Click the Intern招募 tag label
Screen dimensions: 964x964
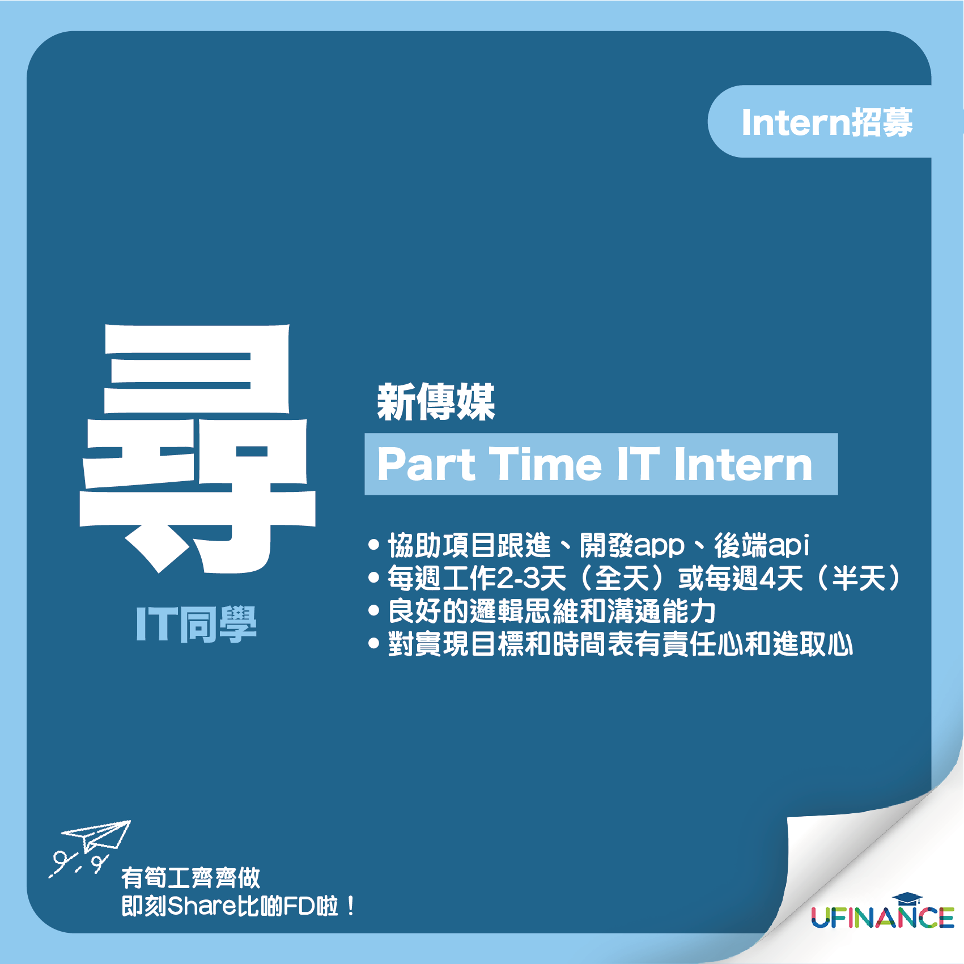pos(827,122)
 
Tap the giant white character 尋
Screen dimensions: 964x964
pos(197,448)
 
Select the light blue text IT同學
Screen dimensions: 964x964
pos(196,624)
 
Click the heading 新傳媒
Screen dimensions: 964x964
pos(436,402)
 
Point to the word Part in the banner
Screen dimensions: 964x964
pos(426,464)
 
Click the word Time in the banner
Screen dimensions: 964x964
pos(545,464)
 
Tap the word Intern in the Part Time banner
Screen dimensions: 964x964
pos(743,464)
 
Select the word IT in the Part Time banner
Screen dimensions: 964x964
pos(638,464)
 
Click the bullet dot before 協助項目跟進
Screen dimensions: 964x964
pos(373,545)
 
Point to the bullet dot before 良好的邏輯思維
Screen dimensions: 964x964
pos(373,611)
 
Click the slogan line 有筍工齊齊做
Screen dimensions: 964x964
pos(191,878)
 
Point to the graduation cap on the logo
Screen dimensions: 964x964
pos(907,899)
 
